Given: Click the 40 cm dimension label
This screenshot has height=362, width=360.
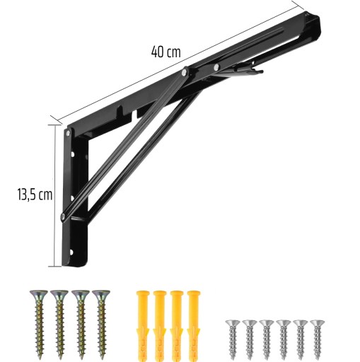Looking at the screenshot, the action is (x=166, y=52).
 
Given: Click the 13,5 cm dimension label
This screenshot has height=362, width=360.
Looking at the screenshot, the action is (x=35, y=195).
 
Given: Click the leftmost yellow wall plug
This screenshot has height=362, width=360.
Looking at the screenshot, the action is (x=143, y=326).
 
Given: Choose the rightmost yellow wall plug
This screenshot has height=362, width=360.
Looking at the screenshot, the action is (x=194, y=326).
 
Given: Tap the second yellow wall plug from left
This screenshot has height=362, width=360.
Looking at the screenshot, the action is (x=160, y=326).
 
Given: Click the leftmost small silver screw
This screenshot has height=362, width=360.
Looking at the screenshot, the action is (x=233, y=340).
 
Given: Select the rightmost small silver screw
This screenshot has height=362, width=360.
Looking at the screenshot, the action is (x=318, y=340).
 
